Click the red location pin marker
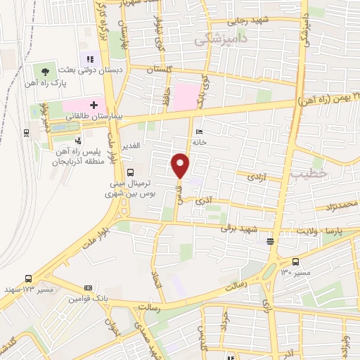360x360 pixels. coord(181,165)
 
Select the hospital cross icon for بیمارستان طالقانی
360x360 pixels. coord(94,104)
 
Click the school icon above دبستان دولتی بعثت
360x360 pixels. coord(89,59)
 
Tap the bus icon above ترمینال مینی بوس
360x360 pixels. coord(129,172)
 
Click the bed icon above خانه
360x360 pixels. coord(199,131)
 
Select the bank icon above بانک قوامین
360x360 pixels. coord(88,288)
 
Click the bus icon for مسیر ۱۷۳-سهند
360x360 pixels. coord(27,278)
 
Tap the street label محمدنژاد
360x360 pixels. coord(330,205)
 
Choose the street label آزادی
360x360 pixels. coord(255,178)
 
